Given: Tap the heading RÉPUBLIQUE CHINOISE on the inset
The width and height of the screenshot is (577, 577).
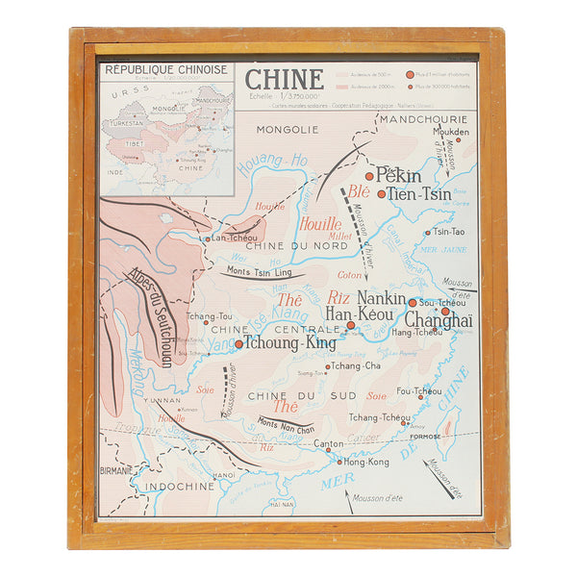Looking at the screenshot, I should coord(166,70).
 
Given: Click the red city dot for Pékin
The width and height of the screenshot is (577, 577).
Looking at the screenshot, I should coord(368,176).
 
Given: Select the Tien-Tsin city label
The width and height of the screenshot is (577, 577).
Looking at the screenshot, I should coord(419,194).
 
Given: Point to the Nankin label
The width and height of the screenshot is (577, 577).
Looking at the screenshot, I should coord(382,298).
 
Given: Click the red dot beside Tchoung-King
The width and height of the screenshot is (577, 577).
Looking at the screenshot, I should coord(239,342).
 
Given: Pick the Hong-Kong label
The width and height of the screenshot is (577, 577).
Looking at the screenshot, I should coord(366,463).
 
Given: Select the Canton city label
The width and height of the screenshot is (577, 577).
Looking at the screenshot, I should coord(329,444).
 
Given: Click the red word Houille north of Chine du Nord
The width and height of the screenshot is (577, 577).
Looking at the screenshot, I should coord(319,224).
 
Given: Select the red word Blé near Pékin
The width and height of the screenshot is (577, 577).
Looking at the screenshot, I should coord(358,190).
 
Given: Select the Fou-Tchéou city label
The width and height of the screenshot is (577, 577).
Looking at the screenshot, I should coord(419,391).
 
